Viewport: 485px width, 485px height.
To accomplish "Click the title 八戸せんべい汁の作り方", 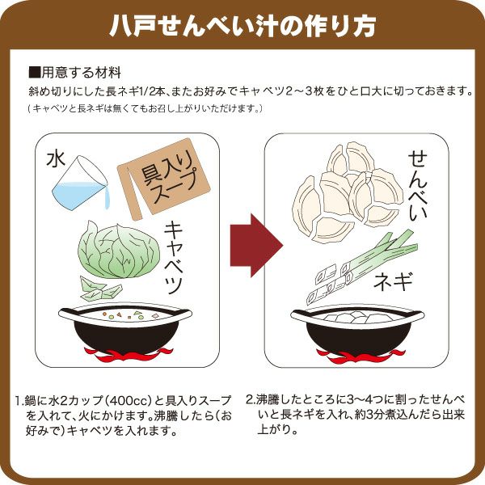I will [x=242, y=26].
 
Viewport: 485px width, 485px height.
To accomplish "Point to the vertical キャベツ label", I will [x=175, y=257].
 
